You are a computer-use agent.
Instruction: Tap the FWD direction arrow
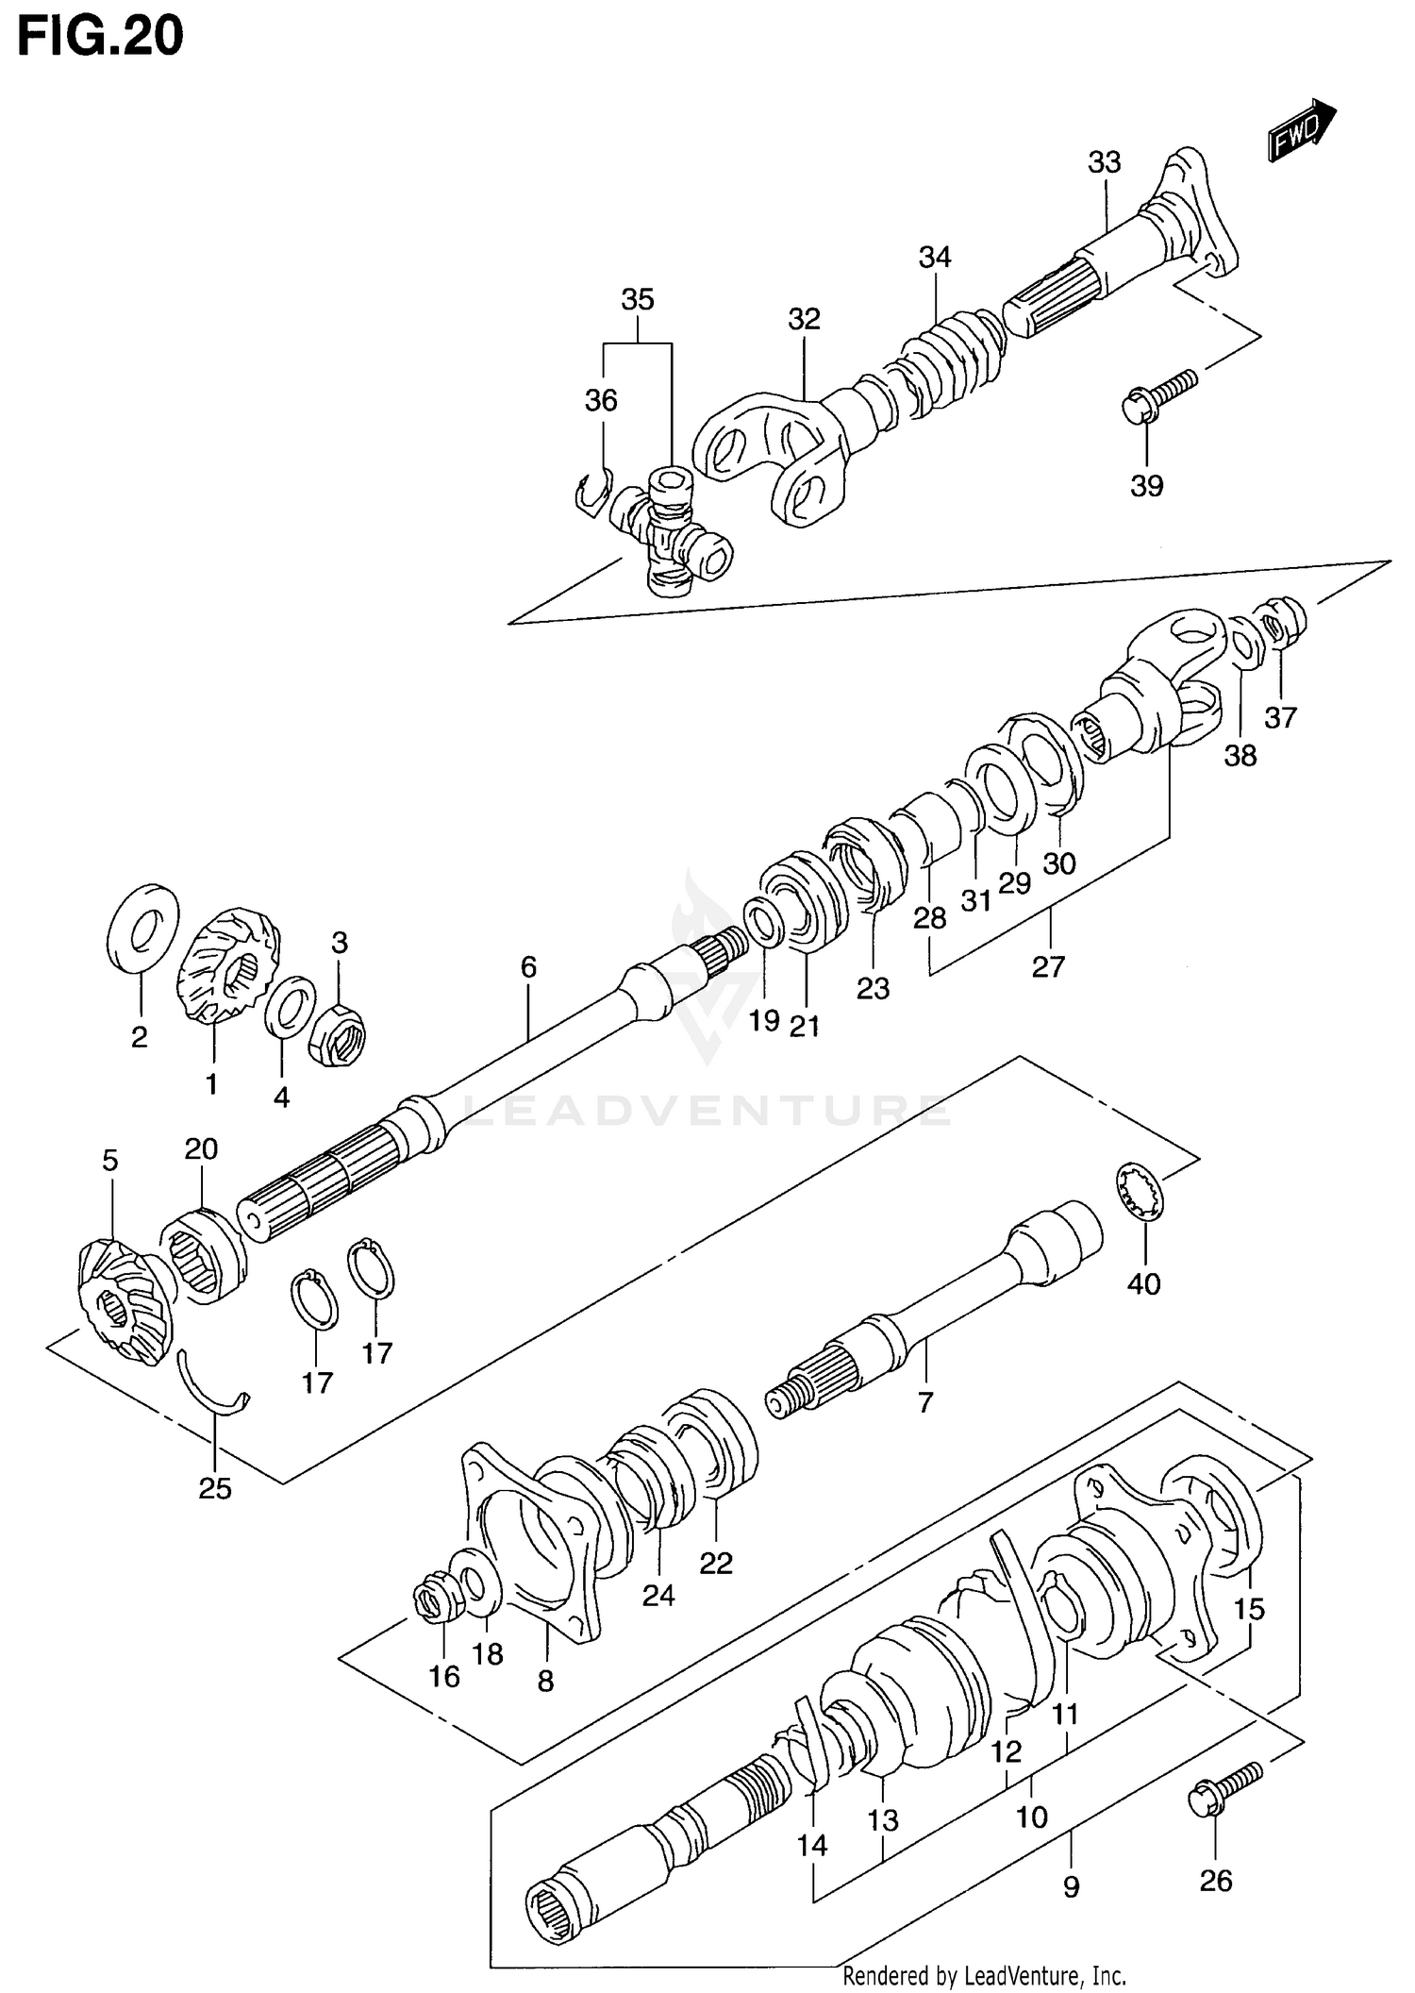pyautogui.click(x=1302, y=133)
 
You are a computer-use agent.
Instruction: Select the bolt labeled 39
pyautogui.click(x=1157, y=396)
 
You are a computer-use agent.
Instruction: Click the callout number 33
pyautogui.click(x=1104, y=162)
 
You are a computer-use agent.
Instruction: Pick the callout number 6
pyautogui.click(x=528, y=966)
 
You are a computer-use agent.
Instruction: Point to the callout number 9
pyautogui.click(x=1071, y=1887)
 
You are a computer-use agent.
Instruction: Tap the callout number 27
pyautogui.click(x=1048, y=966)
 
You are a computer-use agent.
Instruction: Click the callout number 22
pyautogui.click(x=716, y=1564)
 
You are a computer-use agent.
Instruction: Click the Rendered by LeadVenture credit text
pyautogui.click(x=984, y=1975)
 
